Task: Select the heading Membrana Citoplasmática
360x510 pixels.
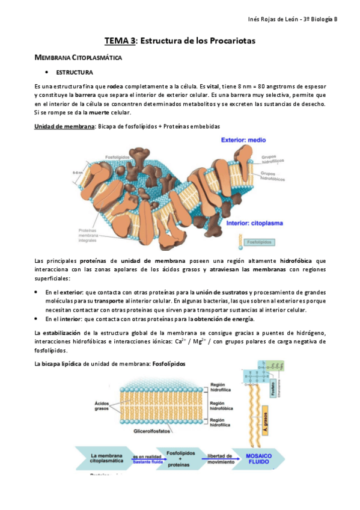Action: [x=78, y=58]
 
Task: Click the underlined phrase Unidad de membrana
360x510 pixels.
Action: [x=64, y=126]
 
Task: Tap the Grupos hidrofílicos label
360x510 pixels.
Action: [x=272, y=159]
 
